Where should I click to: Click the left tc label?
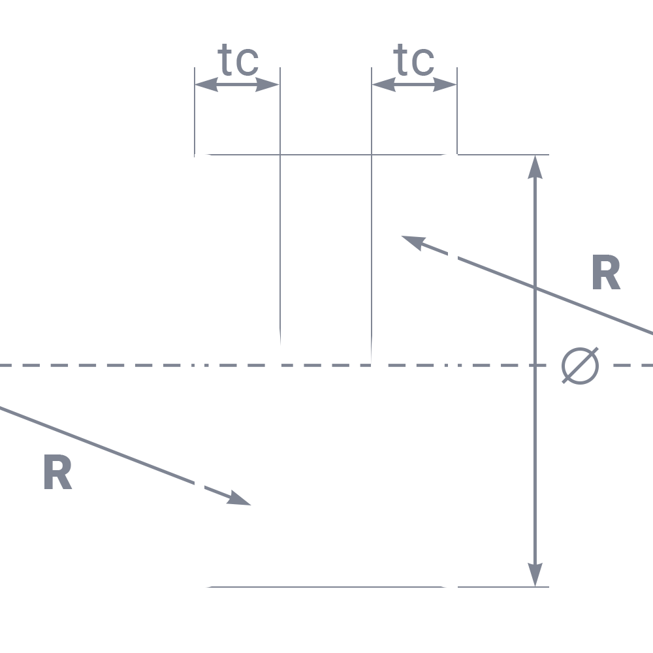[x=238, y=60]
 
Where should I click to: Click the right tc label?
[x=414, y=60]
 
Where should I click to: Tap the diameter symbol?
[x=580, y=366]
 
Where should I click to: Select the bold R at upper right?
[x=607, y=272]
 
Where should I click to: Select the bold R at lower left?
[x=58, y=471]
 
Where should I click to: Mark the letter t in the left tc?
[x=225, y=60]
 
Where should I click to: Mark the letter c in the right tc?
[x=423, y=63]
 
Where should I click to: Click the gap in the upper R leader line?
[x=453, y=255]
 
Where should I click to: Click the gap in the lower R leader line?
[x=199, y=486]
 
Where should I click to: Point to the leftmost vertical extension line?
[x=195, y=112]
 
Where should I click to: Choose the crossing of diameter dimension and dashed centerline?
[x=535, y=365]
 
